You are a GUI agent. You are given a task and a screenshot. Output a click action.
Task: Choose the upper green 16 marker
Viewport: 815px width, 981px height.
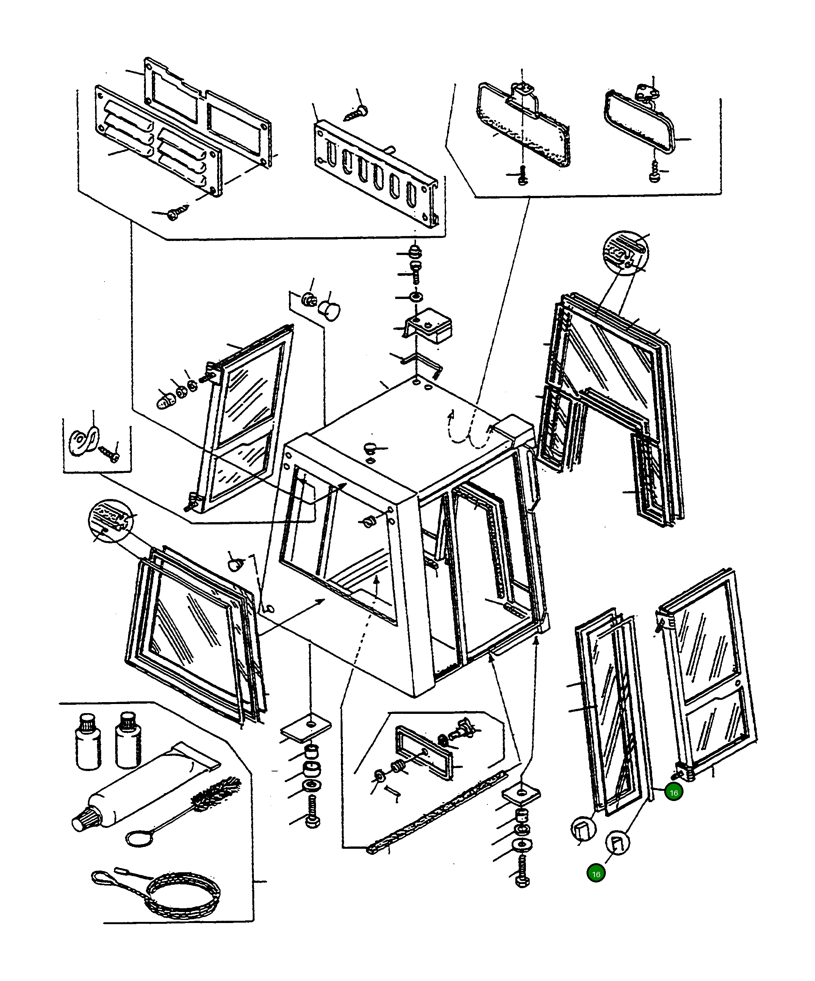(x=674, y=793)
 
